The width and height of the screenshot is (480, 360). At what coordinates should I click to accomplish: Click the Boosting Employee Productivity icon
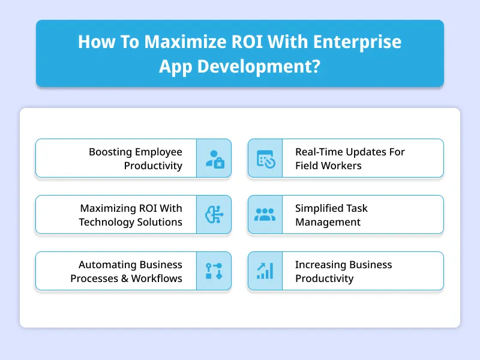[x=214, y=158]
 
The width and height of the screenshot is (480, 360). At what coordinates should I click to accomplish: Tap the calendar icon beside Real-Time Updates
[x=265, y=158]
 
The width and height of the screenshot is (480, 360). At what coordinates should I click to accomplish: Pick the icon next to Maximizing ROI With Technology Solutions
[x=214, y=215]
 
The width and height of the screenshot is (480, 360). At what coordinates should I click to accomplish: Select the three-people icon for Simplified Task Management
[x=265, y=215]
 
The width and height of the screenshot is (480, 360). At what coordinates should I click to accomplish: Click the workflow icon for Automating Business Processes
[x=214, y=271]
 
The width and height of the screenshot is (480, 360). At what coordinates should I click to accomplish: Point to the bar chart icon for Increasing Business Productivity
[x=265, y=271]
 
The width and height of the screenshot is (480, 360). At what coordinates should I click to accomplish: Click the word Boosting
[x=110, y=152]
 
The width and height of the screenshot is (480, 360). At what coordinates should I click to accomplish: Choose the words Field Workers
[x=328, y=166]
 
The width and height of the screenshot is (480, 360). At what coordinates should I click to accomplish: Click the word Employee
[x=158, y=152]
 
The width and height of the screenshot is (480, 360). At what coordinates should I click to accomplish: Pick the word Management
[x=328, y=222]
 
